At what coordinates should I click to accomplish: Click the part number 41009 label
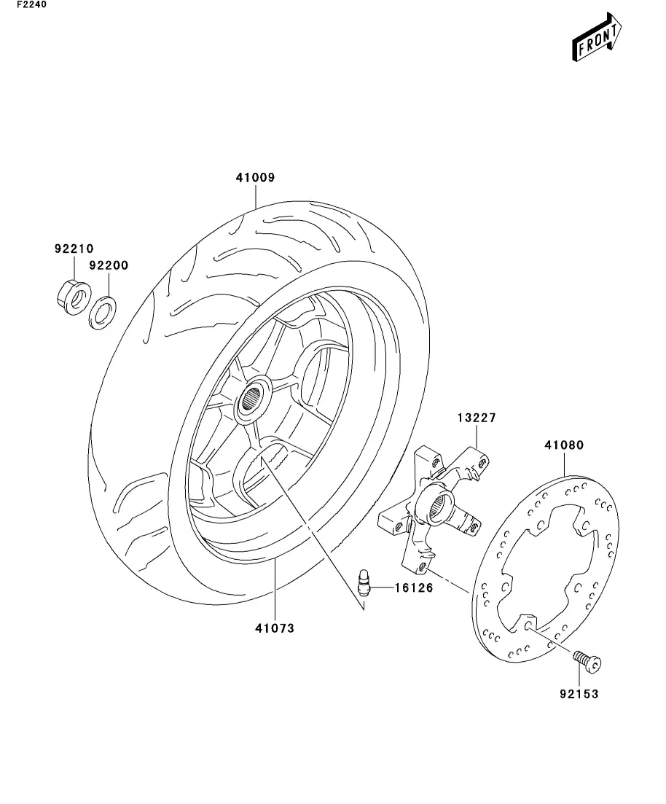(x=255, y=177)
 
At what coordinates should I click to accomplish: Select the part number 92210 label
(x=74, y=249)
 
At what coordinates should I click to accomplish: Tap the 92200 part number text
(x=109, y=265)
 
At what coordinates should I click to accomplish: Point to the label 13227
(x=477, y=418)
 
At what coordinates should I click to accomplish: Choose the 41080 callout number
(x=564, y=445)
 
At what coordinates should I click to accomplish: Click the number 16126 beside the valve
(x=414, y=588)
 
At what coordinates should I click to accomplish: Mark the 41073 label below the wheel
(x=275, y=628)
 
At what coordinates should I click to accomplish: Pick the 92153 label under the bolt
(x=579, y=694)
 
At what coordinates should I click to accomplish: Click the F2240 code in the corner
(x=31, y=4)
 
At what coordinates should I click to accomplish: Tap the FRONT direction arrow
(x=597, y=37)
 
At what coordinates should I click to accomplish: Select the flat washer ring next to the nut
(x=103, y=313)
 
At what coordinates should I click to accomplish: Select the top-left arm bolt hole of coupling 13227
(x=436, y=463)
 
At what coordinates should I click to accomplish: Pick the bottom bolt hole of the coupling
(x=422, y=567)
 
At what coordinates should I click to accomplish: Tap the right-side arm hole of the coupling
(x=474, y=525)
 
